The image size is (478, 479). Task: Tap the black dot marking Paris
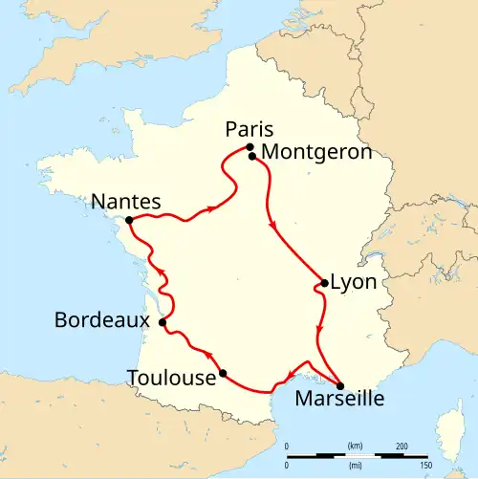click(250, 147)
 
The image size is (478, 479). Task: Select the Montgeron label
click(303, 153)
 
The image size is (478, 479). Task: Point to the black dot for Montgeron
click(252, 156)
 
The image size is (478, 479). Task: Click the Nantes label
click(125, 202)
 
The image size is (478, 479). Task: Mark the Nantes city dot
click(129, 219)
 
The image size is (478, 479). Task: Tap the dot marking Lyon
click(325, 283)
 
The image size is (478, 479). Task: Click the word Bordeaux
click(101, 319)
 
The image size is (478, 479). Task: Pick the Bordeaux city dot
click(163, 322)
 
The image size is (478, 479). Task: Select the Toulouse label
click(171, 379)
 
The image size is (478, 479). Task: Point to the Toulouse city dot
click(223, 373)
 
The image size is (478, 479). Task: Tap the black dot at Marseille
click(339, 384)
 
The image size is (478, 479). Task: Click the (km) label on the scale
click(355, 446)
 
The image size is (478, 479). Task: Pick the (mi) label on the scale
click(355, 465)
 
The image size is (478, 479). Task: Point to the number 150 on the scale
click(425, 465)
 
